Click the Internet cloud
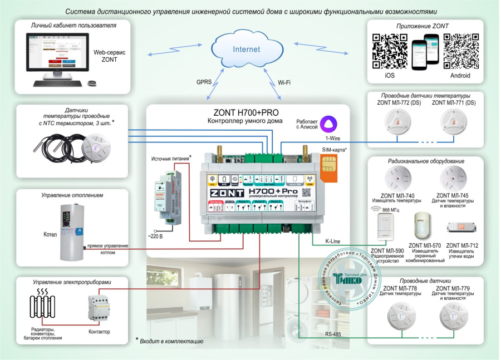(245, 48)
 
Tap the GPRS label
(204, 81)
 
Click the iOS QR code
(389, 50)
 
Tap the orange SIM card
(328, 167)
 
